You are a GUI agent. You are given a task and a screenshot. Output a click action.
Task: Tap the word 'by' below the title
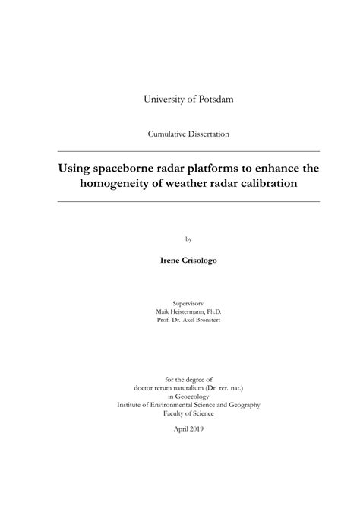click(x=188, y=238)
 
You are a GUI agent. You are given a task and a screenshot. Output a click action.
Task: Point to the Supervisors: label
click(x=188, y=302)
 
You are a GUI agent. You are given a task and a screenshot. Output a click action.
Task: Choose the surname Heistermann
click(x=187, y=311)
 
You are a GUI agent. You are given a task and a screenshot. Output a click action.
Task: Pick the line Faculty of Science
click(x=188, y=413)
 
